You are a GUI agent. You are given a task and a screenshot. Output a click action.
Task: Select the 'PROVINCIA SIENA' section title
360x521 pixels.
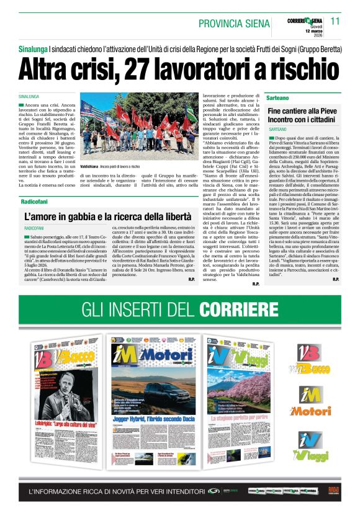tap(234, 24)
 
